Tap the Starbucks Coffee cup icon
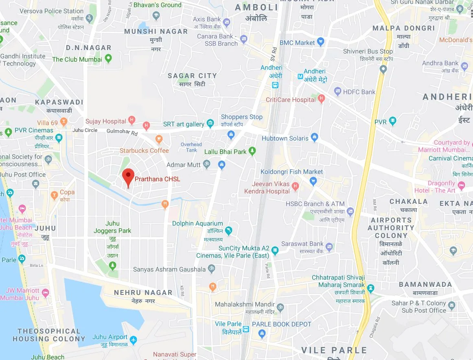pos(159,140)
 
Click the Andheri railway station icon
pos(276,85)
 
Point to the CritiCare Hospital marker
pos(321,98)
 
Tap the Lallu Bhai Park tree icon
pos(252,151)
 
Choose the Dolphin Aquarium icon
pos(229,231)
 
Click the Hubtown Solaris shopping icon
pos(314,137)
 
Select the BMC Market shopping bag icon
pos(320,41)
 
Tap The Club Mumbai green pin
pos(108,59)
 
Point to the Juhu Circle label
pos(85,130)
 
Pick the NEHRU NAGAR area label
pos(143,292)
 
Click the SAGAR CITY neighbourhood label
pos(192,76)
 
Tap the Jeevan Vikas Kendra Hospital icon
pos(296,187)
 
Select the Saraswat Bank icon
pos(329,246)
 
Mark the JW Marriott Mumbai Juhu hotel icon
pos(45,292)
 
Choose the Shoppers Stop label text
pos(242,117)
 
